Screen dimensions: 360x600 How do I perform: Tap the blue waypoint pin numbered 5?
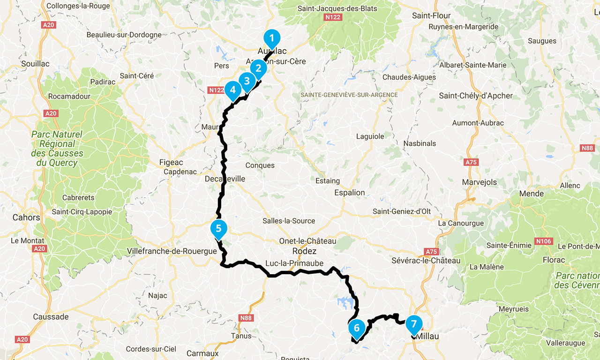(x=218, y=228)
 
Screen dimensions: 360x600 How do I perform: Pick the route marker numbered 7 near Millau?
(x=413, y=323)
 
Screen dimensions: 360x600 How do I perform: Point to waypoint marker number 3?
(x=247, y=81)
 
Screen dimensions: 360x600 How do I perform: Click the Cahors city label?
(x=26, y=217)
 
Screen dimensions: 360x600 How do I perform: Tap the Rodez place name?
(x=304, y=251)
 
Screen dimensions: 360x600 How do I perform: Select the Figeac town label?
(x=171, y=162)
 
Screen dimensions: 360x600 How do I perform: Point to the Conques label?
(x=260, y=165)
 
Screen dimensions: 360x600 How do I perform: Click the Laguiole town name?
(x=370, y=136)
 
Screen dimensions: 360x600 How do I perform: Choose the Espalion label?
(x=349, y=192)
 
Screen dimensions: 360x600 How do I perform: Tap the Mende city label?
(x=532, y=194)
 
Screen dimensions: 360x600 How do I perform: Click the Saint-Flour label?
(x=431, y=15)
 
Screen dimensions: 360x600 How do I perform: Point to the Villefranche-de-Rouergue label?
(x=172, y=251)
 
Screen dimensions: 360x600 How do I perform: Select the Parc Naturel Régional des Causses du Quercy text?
(x=57, y=149)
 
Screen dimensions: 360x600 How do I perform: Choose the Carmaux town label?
(x=202, y=353)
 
